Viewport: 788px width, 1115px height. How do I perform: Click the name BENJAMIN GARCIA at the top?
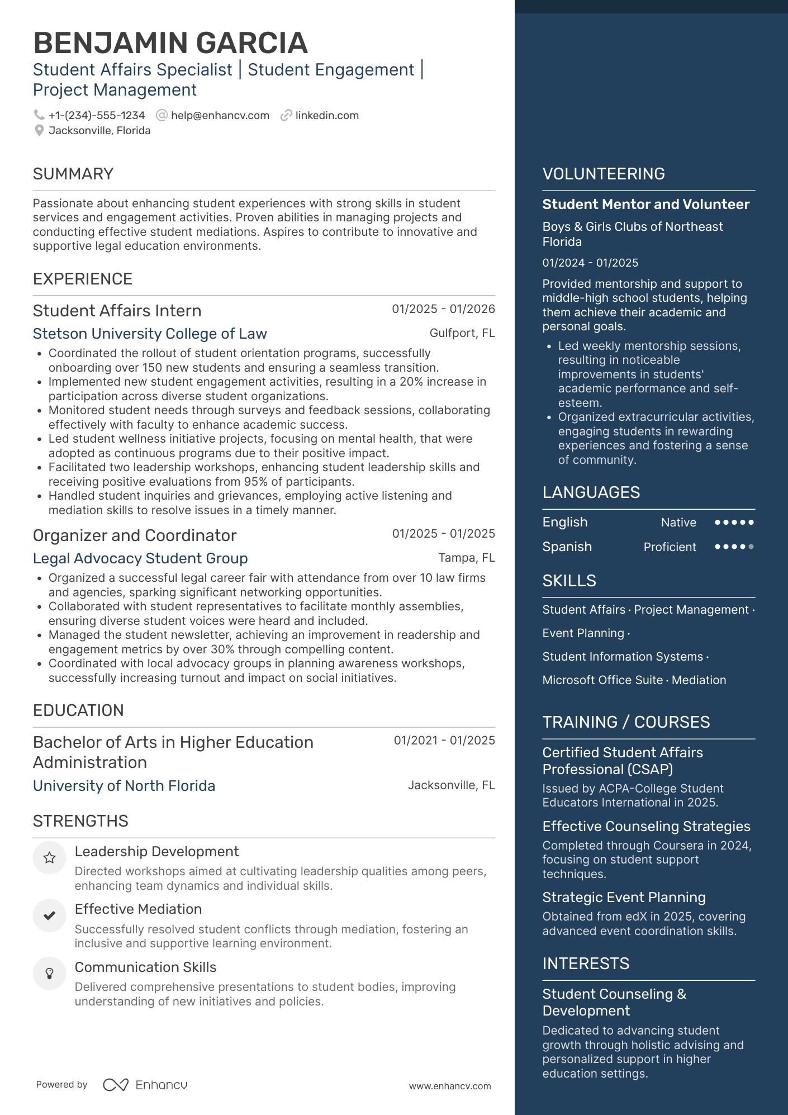tap(170, 43)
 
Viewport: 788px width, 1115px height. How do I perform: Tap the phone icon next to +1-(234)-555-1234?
tap(39, 115)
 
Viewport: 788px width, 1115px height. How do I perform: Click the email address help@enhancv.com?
tap(220, 116)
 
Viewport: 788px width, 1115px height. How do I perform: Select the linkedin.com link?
tap(326, 116)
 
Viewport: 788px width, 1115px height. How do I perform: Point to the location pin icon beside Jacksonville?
tap(39, 131)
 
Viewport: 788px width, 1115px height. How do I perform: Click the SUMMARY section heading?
tap(73, 174)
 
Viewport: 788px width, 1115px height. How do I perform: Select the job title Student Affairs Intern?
tap(117, 311)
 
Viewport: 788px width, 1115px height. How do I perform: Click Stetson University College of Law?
tap(150, 334)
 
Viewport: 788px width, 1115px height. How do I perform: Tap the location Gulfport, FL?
tap(462, 333)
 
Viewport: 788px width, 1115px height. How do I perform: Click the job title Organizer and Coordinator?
tap(135, 535)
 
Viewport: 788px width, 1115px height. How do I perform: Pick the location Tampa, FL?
tap(466, 558)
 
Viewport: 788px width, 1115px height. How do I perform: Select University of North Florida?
tap(124, 786)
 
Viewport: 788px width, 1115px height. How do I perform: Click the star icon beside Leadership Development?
tap(49, 858)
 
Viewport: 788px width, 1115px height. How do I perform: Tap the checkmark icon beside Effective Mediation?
tap(49, 915)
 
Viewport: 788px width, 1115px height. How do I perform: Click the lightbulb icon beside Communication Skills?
tap(49, 974)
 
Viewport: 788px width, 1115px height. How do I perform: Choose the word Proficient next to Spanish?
tap(670, 547)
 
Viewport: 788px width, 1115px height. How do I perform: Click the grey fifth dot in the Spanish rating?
tap(751, 547)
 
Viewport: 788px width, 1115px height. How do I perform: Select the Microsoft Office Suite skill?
tap(602, 680)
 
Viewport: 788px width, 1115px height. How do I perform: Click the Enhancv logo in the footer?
tap(145, 1085)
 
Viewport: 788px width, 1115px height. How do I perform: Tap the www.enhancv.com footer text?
tap(450, 1086)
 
